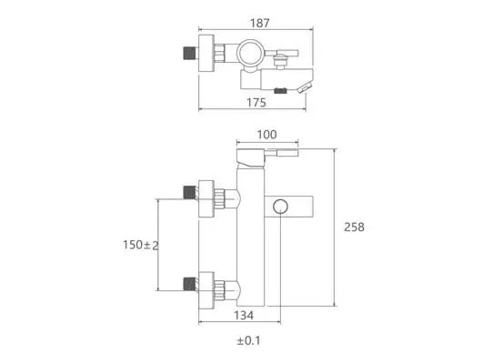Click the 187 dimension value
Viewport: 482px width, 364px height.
(x=260, y=23)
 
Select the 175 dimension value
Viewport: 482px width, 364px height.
(x=256, y=103)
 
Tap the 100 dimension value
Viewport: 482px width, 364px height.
(x=266, y=135)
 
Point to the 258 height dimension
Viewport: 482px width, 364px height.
(x=354, y=227)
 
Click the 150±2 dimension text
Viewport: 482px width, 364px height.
(x=141, y=245)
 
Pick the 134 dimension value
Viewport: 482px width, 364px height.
(x=244, y=316)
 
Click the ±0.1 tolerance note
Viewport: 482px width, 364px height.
(x=248, y=340)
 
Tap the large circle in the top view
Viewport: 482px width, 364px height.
(x=250, y=53)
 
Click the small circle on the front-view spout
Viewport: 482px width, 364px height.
(x=280, y=207)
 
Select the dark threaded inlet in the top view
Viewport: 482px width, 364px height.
(x=190, y=53)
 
